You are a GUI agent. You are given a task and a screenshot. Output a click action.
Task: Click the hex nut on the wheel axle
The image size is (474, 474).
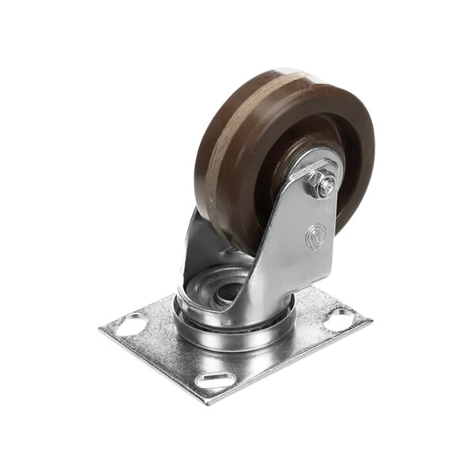click(x=323, y=186)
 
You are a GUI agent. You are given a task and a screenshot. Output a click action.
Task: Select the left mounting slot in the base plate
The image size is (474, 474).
click(x=131, y=324)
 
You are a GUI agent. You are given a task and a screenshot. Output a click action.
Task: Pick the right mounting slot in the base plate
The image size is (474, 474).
click(x=340, y=320)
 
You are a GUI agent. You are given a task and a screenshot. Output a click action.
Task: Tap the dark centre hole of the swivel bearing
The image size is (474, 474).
click(x=227, y=291)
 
